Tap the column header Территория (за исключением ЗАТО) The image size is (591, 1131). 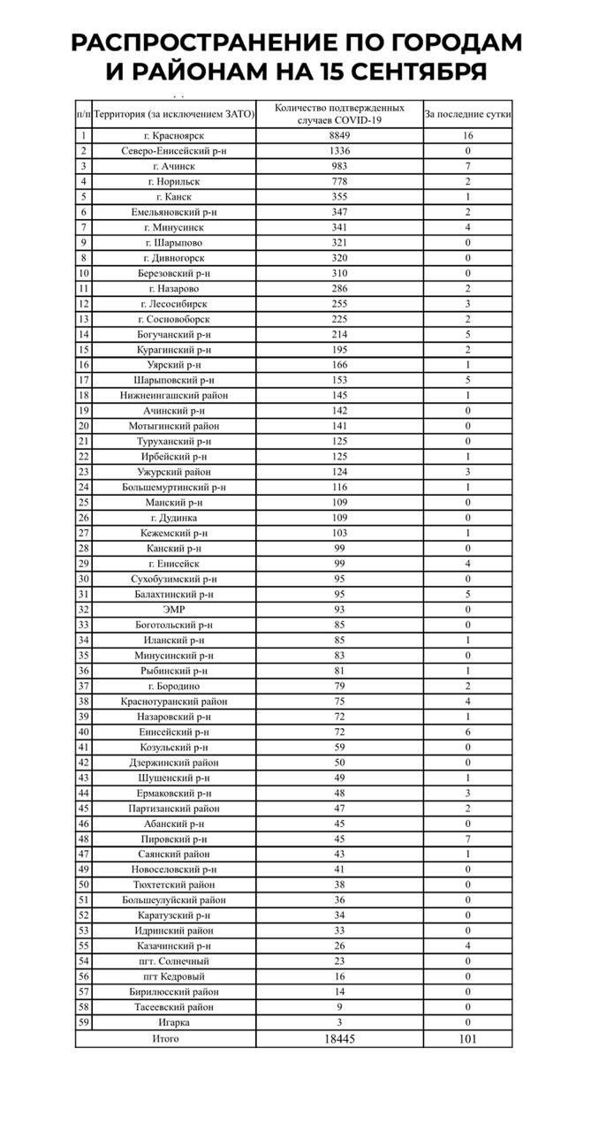[174, 114]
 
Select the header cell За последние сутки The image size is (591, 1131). [467, 114]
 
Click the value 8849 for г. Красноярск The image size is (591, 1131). [339, 136]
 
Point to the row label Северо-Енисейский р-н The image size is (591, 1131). [174, 151]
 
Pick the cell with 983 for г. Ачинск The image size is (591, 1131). [339, 166]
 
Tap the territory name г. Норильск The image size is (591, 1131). [174, 181]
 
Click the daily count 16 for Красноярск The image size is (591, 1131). [467, 136]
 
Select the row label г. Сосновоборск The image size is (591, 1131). [174, 319]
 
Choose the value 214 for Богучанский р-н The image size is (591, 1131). [339, 334]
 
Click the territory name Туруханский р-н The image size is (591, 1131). [174, 441]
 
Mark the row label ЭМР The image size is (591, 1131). [174, 609]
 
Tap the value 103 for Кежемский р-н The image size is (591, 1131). [339, 533]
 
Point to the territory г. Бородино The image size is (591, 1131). [174, 686]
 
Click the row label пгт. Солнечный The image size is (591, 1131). [174, 960]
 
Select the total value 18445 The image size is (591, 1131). [339, 1039]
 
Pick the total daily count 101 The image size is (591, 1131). [467, 1039]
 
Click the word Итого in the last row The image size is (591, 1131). [165, 1038]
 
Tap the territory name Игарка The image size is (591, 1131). [174, 1022]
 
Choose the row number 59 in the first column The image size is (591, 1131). [84, 1022]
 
